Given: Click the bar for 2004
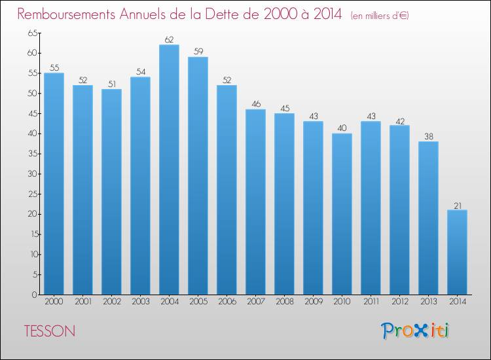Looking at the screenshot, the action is (169, 170).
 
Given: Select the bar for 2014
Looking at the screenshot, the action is (457, 252).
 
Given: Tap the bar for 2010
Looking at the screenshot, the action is (342, 214).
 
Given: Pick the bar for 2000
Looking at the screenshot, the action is (54, 183).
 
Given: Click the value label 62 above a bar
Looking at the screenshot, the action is (169, 40).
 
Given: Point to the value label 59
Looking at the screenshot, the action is (198, 51).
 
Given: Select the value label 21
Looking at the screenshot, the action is (458, 206).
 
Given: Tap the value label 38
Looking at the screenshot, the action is (429, 137).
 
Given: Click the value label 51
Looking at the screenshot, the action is (112, 84).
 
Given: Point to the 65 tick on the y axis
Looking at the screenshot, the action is (32, 33).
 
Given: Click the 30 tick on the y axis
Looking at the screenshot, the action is (32, 173).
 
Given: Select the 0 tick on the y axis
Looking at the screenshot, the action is (35, 295).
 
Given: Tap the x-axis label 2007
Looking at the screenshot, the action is (256, 302).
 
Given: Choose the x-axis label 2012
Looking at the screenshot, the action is (400, 302).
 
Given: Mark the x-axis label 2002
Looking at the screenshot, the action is (112, 302).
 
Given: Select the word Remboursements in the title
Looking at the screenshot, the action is (66, 14).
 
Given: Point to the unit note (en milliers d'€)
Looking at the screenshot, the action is (380, 16).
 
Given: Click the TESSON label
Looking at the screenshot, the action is (50, 331).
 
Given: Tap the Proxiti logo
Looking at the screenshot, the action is (415, 331).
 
